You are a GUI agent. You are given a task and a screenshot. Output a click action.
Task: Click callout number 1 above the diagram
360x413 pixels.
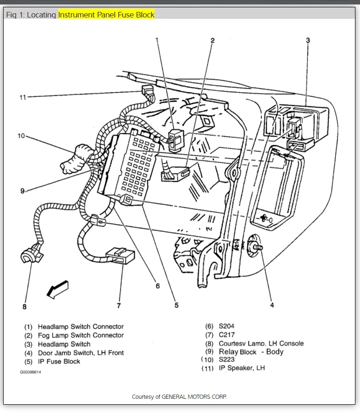pyautogui.click(x=157, y=40)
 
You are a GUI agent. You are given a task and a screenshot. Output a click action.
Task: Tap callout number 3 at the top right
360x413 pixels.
pyautogui.click(x=308, y=40)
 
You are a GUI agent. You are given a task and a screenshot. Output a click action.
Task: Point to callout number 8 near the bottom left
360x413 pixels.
pyautogui.click(x=25, y=306)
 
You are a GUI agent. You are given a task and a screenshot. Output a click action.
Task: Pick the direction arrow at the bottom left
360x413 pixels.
pyautogui.click(x=58, y=289)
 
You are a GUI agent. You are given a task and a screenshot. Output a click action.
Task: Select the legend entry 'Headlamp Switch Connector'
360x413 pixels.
pyautogui.click(x=81, y=327)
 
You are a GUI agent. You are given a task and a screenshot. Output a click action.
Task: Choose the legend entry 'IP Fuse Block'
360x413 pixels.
pyautogui.click(x=59, y=362)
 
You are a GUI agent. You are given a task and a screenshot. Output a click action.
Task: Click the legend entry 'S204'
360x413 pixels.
pyautogui.click(x=227, y=326)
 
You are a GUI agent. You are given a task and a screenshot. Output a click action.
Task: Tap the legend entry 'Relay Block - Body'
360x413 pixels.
pyautogui.click(x=251, y=352)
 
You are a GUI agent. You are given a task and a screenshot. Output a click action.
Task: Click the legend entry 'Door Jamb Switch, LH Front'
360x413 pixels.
pyautogui.click(x=81, y=353)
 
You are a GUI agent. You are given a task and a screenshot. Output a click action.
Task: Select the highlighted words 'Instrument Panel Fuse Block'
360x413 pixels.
pyautogui.click(x=106, y=15)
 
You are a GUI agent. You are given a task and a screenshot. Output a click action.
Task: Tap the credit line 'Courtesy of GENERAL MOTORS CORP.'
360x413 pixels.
pyautogui.click(x=179, y=396)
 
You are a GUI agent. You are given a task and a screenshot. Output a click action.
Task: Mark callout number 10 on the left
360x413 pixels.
pyautogui.click(x=21, y=136)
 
